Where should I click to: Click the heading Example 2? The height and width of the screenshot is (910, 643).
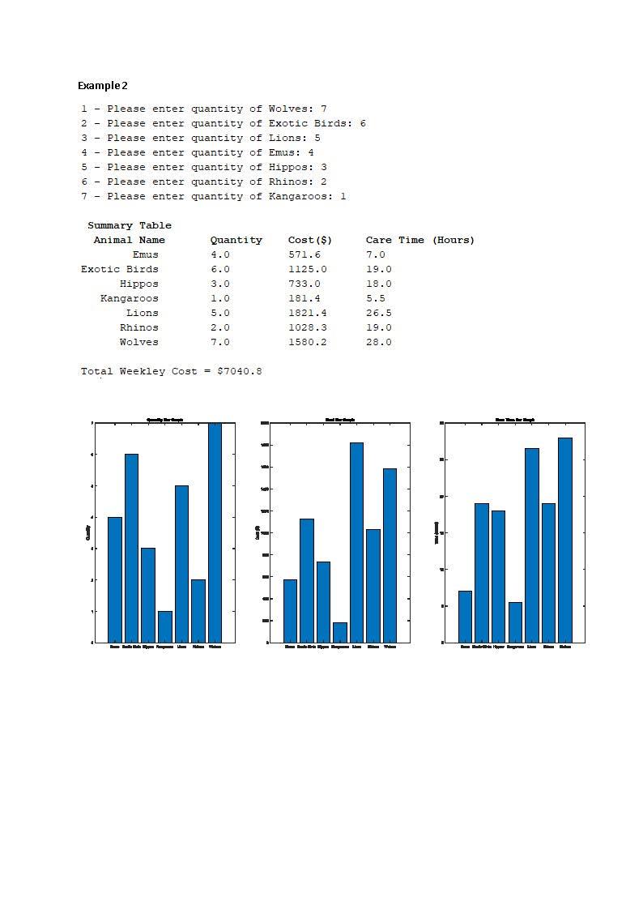coord(103,86)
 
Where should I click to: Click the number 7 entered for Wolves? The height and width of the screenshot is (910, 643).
coord(323,109)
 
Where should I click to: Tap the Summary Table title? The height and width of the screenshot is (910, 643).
coord(130,225)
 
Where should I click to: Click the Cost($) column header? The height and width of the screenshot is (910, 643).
coord(310,240)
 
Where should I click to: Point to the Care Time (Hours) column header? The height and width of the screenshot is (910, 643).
coord(420,240)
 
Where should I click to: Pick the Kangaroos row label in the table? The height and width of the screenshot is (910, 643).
coord(130,298)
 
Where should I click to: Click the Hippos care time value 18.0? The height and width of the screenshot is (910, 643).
coord(379,284)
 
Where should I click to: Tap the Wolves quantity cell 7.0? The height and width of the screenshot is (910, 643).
coord(220,342)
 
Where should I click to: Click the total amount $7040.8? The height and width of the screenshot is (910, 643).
coord(239,371)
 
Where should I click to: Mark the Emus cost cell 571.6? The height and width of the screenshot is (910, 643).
coord(304,254)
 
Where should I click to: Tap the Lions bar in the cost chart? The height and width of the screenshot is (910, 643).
coord(356,542)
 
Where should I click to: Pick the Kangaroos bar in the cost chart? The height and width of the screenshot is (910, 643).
coord(339,632)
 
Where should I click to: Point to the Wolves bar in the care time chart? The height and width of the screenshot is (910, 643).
coord(565,540)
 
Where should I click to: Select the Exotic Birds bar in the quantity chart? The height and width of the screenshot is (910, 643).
coord(131,548)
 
